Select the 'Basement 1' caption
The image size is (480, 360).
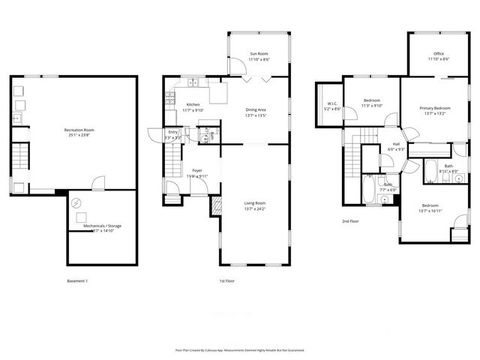(78, 281)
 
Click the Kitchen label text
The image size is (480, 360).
(194, 105)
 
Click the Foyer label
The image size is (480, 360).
(199, 171)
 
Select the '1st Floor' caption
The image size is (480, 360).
(226, 281)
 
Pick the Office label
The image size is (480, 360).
(438, 56)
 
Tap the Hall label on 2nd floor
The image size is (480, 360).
(396, 147)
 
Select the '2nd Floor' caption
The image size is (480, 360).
(350, 221)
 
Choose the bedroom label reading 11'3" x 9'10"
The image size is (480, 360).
(372, 102)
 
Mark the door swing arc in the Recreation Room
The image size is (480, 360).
(97, 183)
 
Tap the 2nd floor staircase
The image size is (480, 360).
(370, 141)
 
